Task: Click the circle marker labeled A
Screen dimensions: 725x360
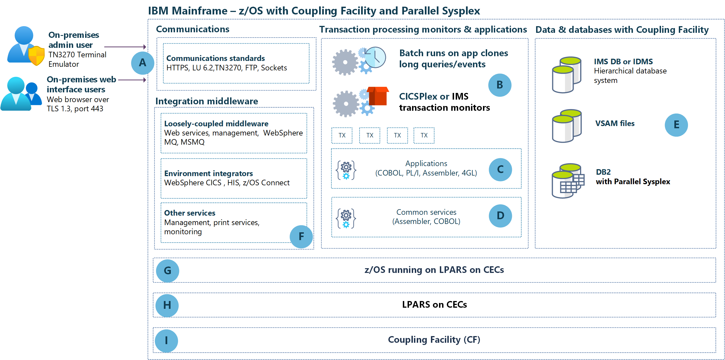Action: tap(143, 63)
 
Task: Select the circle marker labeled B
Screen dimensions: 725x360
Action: tap(500, 85)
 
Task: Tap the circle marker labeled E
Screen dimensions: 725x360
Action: tap(676, 125)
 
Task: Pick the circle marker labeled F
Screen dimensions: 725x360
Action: tap(301, 236)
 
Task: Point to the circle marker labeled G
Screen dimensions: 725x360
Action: tap(167, 271)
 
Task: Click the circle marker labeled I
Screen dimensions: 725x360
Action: tap(166, 341)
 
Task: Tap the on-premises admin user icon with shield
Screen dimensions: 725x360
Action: tap(26, 46)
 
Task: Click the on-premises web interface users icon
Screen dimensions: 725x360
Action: tap(21, 94)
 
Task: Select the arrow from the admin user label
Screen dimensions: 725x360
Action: tap(125, 47)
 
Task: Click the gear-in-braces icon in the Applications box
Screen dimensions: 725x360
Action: tap(346, 170)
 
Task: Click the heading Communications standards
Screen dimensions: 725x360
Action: tap(215, 58)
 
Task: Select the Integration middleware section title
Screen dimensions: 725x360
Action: tap(207, 101)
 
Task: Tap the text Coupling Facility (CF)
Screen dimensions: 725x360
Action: tap(434, 340)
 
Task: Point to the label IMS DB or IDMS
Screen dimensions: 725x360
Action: tap(623, 61)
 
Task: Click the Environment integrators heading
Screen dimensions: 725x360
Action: tap(208, 173)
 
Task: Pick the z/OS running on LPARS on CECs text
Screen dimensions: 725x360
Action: tap(434, 270)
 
